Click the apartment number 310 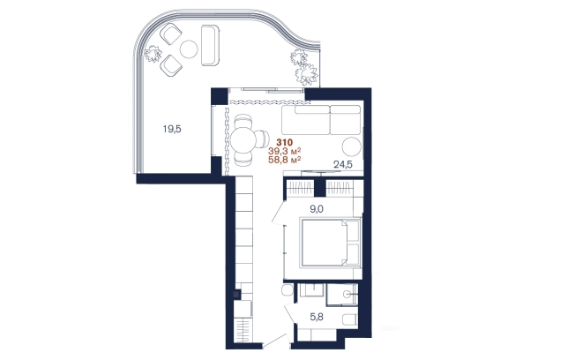coord(285,142)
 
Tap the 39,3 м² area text coord(285,151)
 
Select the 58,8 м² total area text coord(285,160)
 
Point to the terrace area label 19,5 coord(172,129)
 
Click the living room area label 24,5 coord(343,164)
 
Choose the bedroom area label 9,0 coord(317,209)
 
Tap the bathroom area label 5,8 coord(317,317)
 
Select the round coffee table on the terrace coord(189,49)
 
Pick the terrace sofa coord(210,46)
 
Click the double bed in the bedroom coord(331,243)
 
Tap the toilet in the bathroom coord(349,319)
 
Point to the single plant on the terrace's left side coord(153,54)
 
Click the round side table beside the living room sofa coord(352,146)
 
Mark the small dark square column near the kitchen coord(237,294)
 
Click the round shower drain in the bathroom coord(347,294)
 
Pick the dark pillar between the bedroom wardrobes coord(320,189)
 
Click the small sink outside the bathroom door coord(287,290)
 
